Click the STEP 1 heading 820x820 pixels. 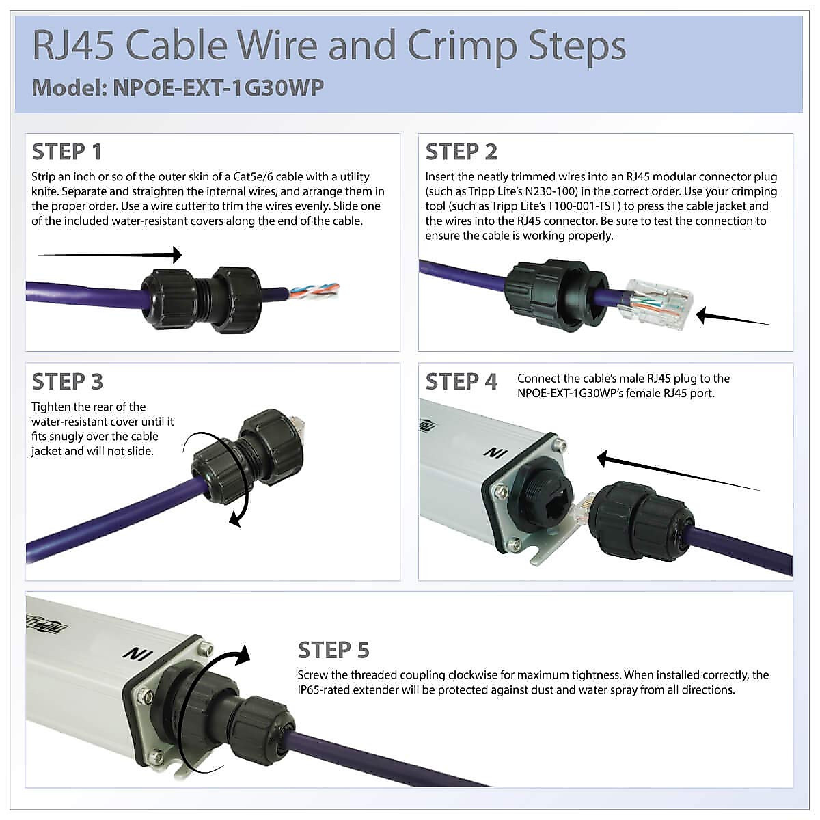coord(67,152)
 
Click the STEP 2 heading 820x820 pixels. coord(461,152)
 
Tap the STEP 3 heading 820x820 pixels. coord(67,381)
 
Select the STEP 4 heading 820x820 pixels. coord(461,381)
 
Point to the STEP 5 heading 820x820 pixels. coord(333,650)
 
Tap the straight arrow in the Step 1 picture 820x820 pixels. coord(109,255)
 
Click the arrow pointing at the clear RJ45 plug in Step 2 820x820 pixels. coord(733,318)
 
